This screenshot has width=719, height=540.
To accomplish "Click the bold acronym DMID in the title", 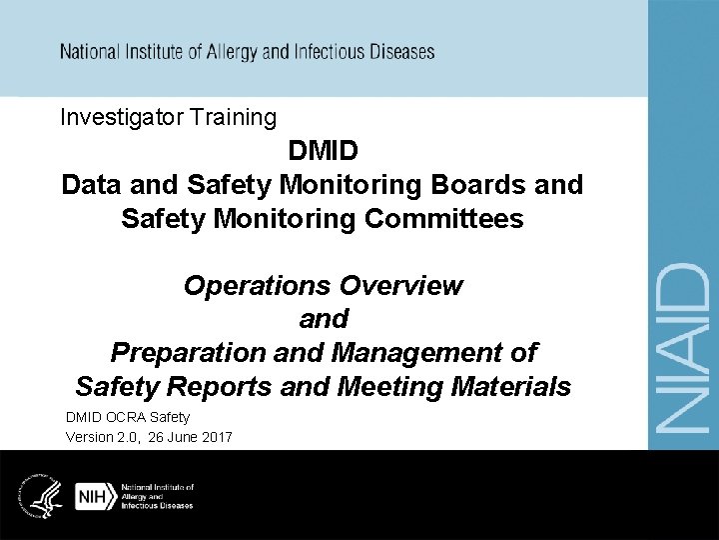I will point(323,152).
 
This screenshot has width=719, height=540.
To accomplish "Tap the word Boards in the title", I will point(468,185).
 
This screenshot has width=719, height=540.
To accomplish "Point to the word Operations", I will point(257,286).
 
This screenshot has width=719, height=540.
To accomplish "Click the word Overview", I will point(401,286).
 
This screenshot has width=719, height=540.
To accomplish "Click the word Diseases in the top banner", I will point(401,51).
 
